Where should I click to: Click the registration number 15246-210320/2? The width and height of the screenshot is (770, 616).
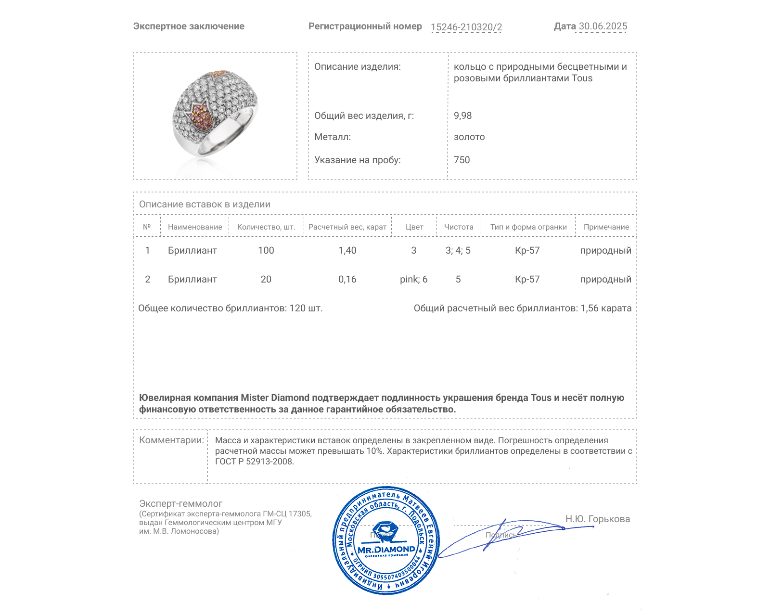point(466,27)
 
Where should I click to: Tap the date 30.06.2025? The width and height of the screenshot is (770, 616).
point(603,26)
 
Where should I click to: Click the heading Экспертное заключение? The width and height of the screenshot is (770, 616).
point(189,26)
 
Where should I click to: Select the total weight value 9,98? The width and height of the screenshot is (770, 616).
point(462,115)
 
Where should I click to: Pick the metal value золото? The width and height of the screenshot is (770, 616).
point(469,137)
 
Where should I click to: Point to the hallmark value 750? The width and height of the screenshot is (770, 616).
point(462,160)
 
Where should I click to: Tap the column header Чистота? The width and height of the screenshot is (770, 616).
point(459,227)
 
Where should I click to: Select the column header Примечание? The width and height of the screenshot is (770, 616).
point(606,227)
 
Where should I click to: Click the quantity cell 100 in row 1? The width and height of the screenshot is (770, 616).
point(266,250)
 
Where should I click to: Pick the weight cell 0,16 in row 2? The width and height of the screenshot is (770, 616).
point(347,279)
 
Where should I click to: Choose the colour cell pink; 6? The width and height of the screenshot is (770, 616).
point(413,279)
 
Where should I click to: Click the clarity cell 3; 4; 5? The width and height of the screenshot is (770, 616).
point(458,250)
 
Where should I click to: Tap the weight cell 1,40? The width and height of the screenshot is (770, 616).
point(347,250)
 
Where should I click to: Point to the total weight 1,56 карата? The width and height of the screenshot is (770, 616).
point(605,308)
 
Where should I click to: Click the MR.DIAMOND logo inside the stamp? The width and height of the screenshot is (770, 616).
point(386,549)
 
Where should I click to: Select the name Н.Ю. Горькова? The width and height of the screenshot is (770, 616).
point(597,519)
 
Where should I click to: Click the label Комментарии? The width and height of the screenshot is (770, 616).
point(171,440)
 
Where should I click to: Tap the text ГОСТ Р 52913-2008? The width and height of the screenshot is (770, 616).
point(254,462)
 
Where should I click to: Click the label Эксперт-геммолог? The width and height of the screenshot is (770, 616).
point(180,503)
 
